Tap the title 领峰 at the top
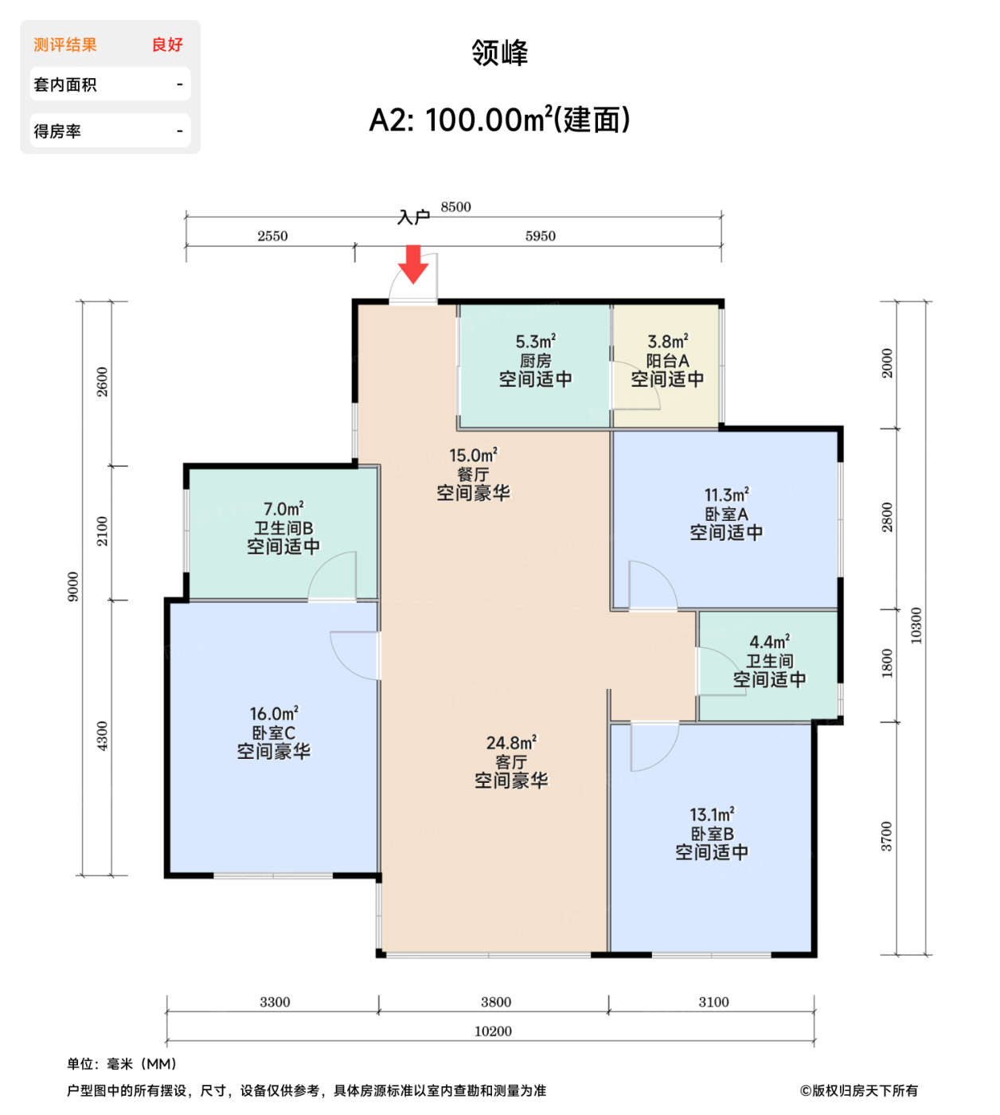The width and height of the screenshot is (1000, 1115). click(499, 53)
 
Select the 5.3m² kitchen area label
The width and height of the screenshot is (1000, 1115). click(535, 342)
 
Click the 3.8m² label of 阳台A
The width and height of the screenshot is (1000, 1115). click(667, 342)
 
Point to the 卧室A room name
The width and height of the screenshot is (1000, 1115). click(726, 514)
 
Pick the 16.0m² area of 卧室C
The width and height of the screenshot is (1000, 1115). click(274, 714)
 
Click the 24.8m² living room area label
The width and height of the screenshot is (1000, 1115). click(511, 743)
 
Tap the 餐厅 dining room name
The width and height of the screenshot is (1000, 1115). click(473, 475)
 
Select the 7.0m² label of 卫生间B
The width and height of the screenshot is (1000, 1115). click(283, 509)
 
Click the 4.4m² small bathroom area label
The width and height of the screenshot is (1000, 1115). click(769, 642)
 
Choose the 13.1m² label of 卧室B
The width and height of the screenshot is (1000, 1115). click(712, 815)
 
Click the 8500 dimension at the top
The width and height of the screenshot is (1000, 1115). click(455, 207)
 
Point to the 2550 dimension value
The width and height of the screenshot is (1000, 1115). click(272, 236)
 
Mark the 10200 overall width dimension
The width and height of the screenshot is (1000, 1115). click(493, 1031)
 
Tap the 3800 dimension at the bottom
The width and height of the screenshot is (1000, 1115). click(495, 1002)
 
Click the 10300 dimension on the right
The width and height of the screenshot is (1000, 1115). click(916, 625)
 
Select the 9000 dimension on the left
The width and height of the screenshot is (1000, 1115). click(73, 587)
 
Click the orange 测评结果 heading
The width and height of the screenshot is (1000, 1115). click(65, 45)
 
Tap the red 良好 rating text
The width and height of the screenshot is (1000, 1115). click(167, 45)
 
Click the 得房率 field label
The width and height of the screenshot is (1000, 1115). click(57, 131)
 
